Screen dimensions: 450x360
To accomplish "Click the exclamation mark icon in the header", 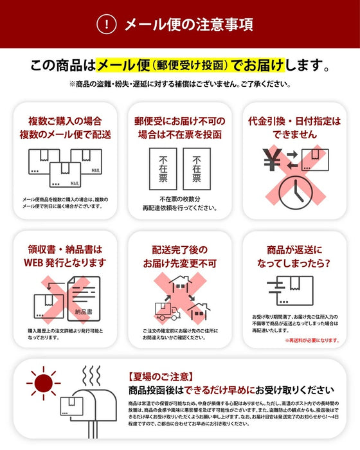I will [x=106, y=24].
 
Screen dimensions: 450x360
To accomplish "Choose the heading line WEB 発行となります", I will [x=64, y=262].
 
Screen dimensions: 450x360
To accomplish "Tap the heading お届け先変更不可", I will [x=179, y=263].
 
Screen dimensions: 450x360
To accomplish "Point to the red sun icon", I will [x=44, y=384].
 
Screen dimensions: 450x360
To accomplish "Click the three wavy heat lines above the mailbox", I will [x=93, y=375].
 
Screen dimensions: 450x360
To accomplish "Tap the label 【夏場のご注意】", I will [x=150, y=377].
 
